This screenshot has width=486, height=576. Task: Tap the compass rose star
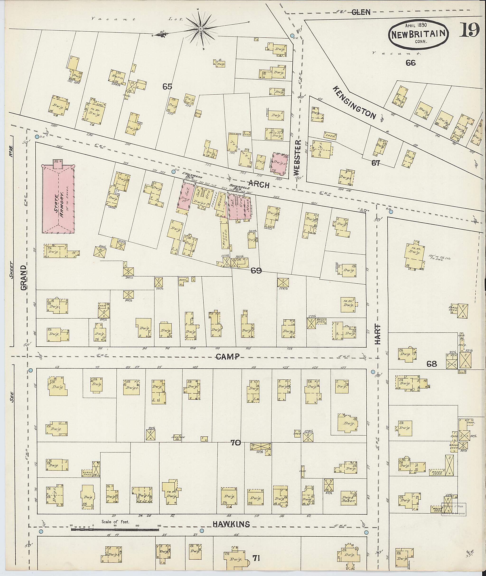click(201, 29)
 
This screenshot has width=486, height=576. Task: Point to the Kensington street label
click(354, 103)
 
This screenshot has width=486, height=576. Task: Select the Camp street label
click(227, 357)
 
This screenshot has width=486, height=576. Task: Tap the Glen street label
click(361, 12)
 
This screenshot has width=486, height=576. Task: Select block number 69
click(256, 271)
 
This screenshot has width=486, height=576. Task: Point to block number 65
click(167, 87)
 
